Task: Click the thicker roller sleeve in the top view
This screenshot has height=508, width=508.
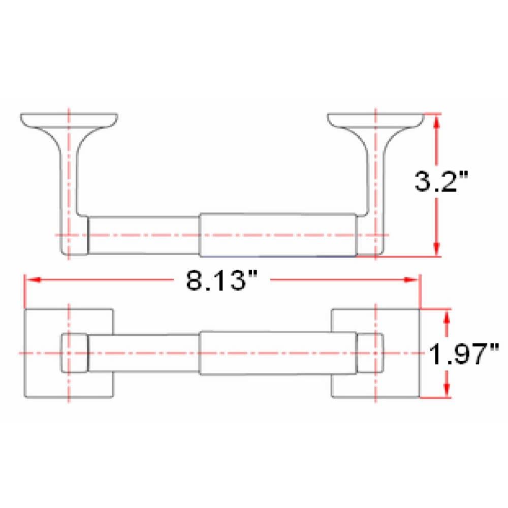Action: (278, 234)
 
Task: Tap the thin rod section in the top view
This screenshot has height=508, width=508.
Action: (143, 235)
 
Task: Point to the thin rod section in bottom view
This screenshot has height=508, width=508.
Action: (144, 353)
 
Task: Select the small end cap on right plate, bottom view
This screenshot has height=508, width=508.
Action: (369, 353)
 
